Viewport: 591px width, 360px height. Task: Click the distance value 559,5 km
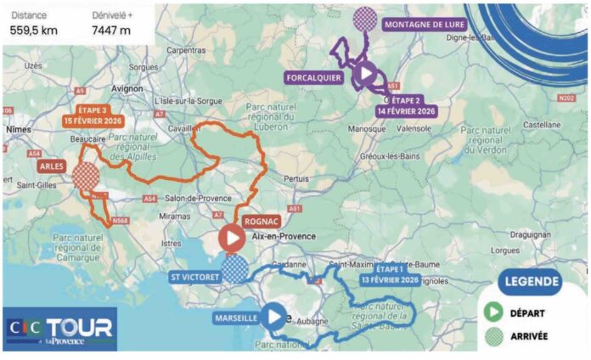coord(35,31)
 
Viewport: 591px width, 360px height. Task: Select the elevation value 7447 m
coord(113,31)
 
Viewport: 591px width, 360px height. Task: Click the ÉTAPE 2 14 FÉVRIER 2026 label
coord(407,104)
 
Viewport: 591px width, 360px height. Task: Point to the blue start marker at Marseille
coord(273,318)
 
